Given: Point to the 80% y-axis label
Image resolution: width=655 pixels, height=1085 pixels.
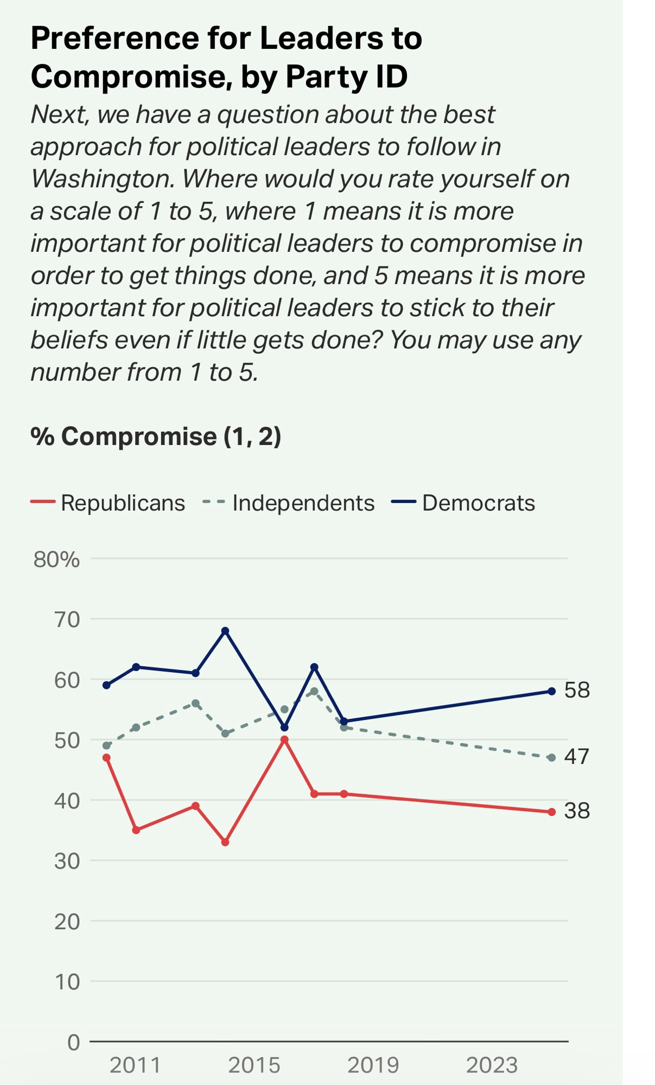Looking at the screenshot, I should [x=56, y=559].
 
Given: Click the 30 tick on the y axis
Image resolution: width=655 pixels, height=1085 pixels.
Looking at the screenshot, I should [x=67, y=861].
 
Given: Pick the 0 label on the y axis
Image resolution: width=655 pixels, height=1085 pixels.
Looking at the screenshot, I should [x=73, y=1042].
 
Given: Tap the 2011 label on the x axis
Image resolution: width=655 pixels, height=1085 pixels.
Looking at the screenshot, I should [x=135, y=1065].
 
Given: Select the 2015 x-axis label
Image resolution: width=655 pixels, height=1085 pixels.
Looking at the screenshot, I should [x=254, y=1065].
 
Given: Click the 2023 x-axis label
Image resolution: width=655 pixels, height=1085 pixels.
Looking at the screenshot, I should [x=492, y=1065].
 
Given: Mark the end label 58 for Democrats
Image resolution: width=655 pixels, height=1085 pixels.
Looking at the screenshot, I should [x=577, y=690].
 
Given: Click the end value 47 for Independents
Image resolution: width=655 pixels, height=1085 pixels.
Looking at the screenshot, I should [x=577, y=756].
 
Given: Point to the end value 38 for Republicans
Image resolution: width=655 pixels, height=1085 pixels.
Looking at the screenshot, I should [x=577, y=810].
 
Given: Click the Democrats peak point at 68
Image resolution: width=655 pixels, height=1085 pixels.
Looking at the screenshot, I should [x=225, y=631].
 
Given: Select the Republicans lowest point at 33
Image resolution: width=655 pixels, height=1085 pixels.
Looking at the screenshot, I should [x=225, y=842].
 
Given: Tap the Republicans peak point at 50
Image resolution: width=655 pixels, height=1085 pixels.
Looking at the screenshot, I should [x=284, y=739].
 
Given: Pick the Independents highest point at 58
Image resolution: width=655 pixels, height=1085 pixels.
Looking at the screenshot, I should [x=314, y=691].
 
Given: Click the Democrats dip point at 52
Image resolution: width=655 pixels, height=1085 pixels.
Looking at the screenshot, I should [x=284, y=727].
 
